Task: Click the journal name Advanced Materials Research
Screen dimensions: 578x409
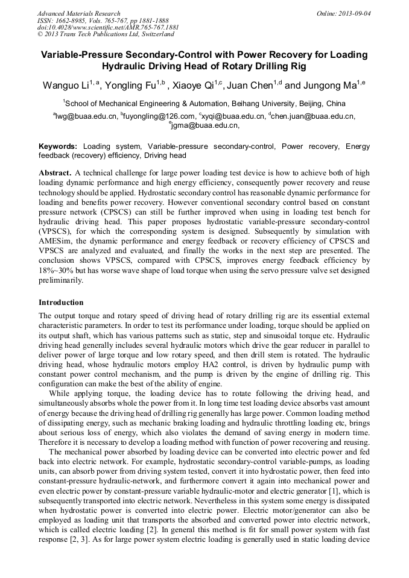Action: (78, 13)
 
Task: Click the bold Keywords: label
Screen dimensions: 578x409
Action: (58, 146)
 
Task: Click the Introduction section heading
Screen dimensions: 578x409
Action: (61, 303)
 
